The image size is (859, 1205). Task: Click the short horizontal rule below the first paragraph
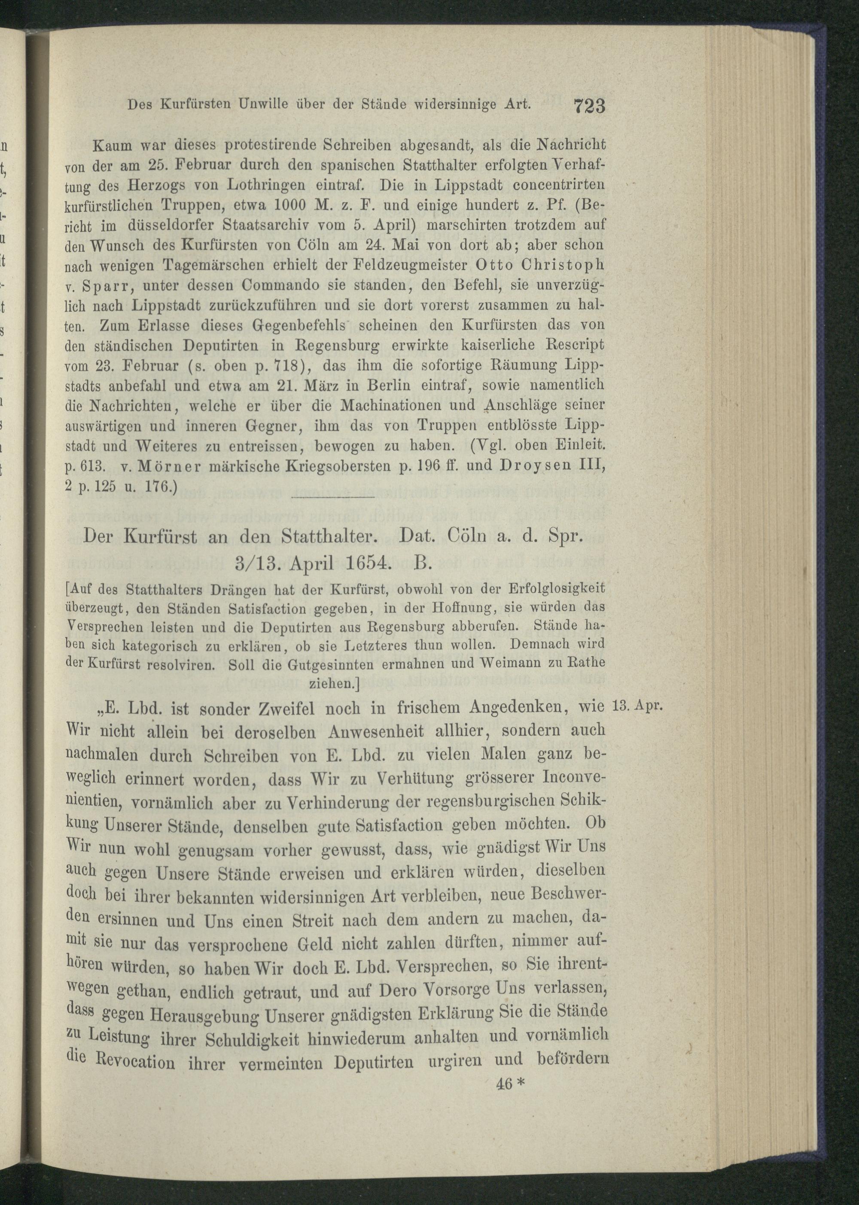tap(333, 498)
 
